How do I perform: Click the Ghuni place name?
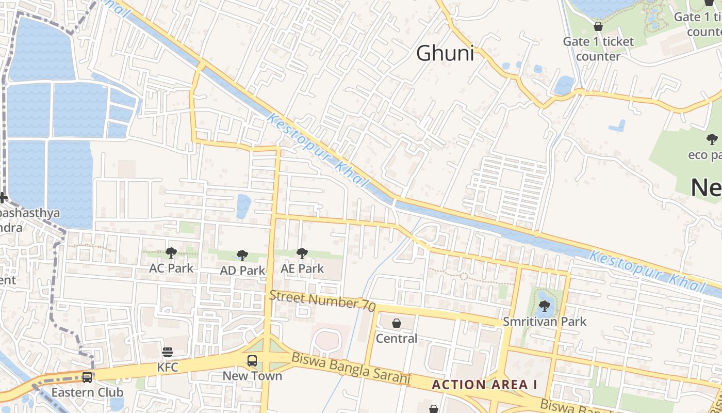coord(445,53)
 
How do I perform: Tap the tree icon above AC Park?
coord(171,252)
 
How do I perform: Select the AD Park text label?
coord(242,270)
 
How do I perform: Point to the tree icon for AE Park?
coord(302,253)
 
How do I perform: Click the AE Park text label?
coord(302,268)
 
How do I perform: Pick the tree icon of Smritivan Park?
coord(544,306)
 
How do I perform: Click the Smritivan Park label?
coord(545,322)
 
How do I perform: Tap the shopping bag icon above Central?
coord(397,323)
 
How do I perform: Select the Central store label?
coord(397,338)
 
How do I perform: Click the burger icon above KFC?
coord(168,353)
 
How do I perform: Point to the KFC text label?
coord(168,368)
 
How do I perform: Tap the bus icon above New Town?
coord(252,361)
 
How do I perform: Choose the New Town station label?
coord(252,376)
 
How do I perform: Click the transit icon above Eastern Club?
coord(87,377)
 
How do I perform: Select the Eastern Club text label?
coord(87,392)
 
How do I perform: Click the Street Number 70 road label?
coord(322,300)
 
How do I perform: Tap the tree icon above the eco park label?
coord(712,139)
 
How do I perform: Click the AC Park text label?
coord(171,268)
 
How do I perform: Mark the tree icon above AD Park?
coord(242,255)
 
